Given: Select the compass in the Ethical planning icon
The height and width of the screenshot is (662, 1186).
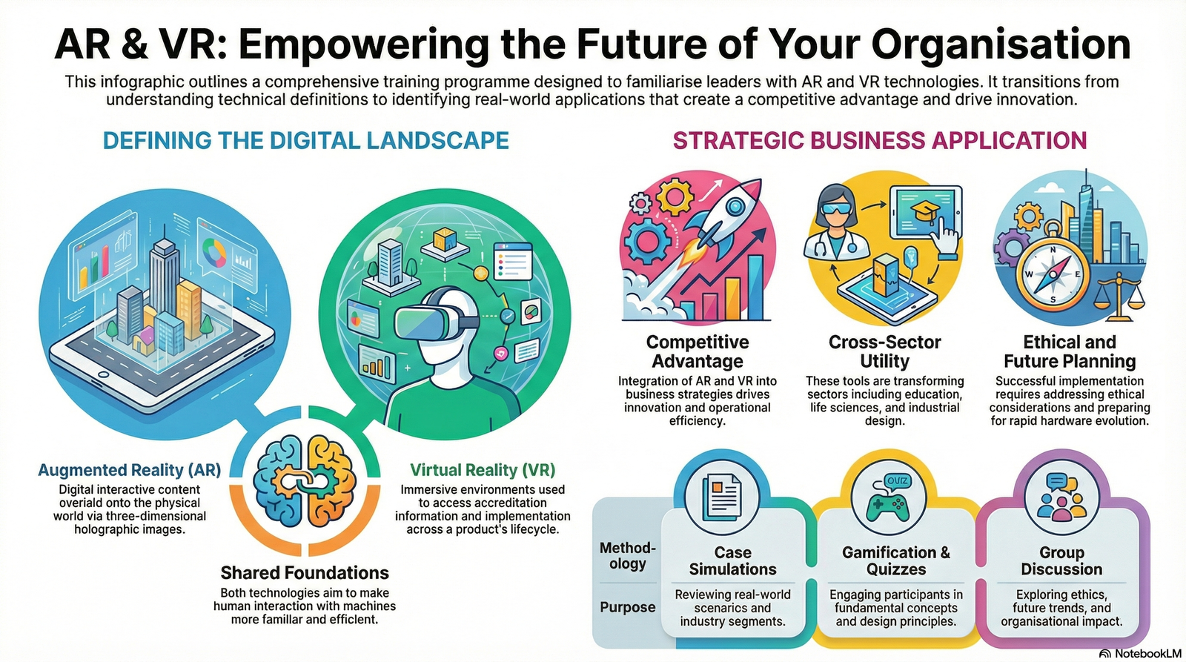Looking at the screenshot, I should (1052, 274).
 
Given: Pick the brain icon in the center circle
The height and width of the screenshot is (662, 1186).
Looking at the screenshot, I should (305, 481).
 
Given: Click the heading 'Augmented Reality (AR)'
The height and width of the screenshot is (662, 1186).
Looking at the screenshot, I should (129, 470).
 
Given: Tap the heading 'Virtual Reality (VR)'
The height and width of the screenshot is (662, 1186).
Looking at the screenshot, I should (483, 470).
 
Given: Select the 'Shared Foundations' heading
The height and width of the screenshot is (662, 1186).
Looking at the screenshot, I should (305, 573).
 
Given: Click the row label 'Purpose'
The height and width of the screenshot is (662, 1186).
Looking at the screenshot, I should (627, 607).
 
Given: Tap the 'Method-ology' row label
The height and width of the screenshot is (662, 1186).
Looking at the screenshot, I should (627, 556).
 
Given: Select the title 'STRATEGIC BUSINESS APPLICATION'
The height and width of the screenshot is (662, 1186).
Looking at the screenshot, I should (880, 141).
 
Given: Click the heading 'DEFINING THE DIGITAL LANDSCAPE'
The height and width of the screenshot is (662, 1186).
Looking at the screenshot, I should (305, 141).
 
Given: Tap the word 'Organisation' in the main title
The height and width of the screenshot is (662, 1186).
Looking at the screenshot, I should (1001, 44).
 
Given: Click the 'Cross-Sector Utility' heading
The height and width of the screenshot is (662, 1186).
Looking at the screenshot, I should (884, 351).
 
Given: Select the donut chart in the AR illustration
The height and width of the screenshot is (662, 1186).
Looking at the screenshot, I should (215, 253).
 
